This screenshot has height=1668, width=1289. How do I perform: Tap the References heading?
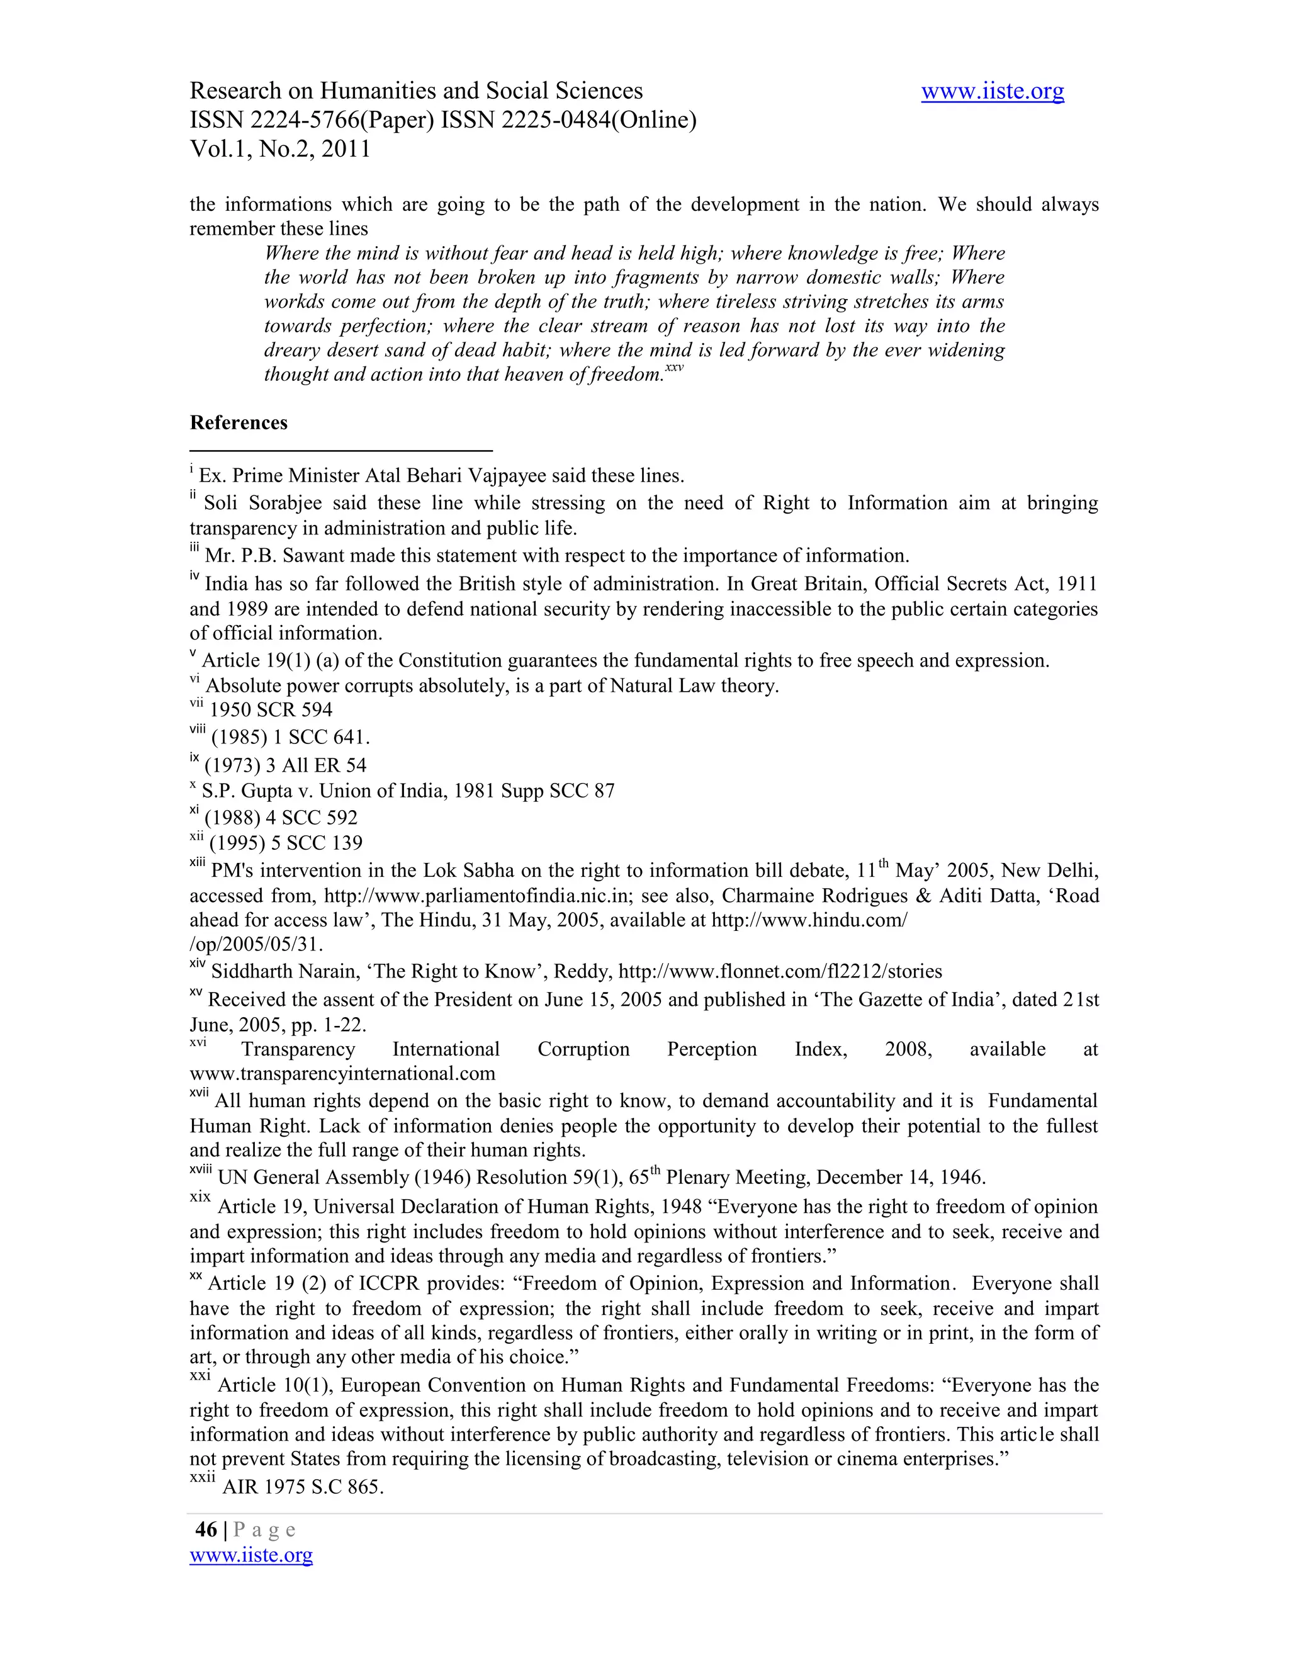tap(239, 422)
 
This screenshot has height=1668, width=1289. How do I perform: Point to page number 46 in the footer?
tap(206, 1529)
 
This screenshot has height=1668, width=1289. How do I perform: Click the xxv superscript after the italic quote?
tap(673, 368)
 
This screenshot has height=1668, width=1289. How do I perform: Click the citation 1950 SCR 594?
tap(271, 709)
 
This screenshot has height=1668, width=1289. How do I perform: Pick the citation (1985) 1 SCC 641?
tap(290, 738)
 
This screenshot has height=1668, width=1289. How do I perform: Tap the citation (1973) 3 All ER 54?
tap(286, 765)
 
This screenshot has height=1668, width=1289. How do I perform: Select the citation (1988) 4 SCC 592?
tap(281, 817)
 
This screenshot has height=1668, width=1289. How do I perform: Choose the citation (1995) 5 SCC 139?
tap(286, 842)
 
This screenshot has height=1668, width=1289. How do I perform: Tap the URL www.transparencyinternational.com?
tap(342, 1074)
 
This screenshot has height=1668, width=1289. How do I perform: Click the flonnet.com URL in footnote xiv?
tap(780, 971)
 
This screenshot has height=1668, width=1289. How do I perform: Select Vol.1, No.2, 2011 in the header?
tap(279, 149)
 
